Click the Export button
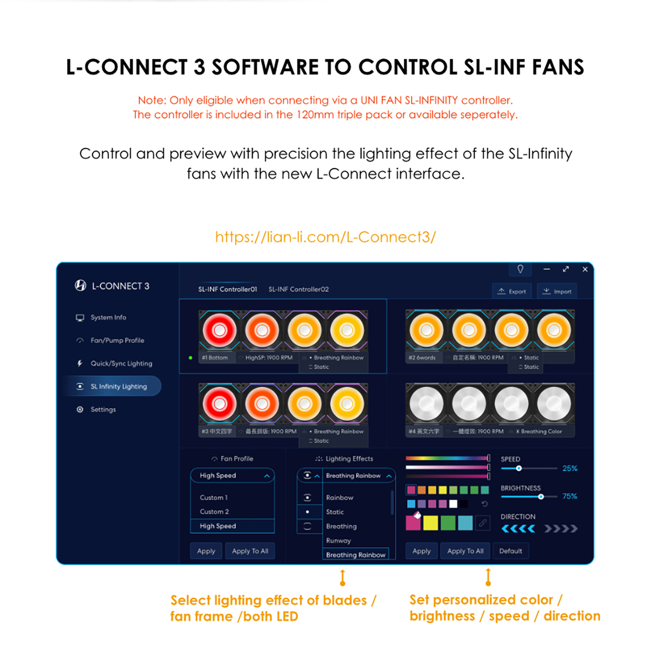pos(511,291)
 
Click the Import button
pos(557,291)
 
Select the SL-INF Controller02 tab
pos(298,289)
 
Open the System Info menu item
pos(108,317)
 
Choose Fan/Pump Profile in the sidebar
pos(117,340)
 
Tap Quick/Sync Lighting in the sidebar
pos(121,363)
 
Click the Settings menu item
pos(103,409)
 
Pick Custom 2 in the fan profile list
pos(214,512)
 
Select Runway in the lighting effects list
pos(339,541)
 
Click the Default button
pos(510,551)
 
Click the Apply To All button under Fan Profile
pos(250,551)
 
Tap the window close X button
pos(585,269)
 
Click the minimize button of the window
pos(547,269)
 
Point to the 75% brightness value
pos(569,496)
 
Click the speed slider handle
pos(519,468)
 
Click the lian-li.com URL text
pos(325,237)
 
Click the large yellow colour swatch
pos(431,523)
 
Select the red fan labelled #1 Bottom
pos(219,330)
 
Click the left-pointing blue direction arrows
pos(518,529)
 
